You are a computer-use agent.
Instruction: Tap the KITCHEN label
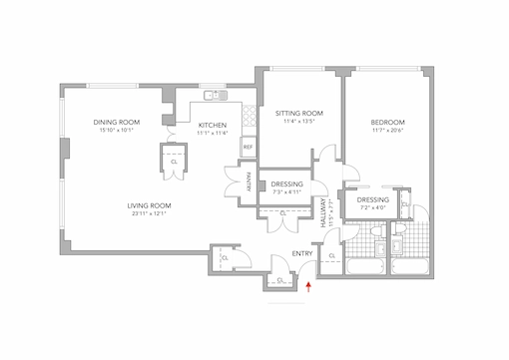(x=212, y=125)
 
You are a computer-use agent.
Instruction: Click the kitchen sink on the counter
(x=211, y=96)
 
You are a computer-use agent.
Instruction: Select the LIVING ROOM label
(x=150, y=205)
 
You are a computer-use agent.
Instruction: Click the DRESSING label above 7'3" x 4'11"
(x=286, y=183)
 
